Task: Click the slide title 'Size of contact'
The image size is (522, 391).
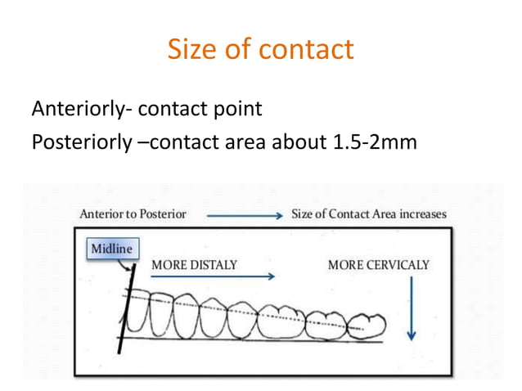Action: pyautogui.click(x=260, y=50)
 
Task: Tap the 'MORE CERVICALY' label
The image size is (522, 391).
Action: pyautogui.click(x=378, y=265)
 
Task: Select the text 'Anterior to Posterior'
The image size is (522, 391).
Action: pyautogui.click(x=133, y=214)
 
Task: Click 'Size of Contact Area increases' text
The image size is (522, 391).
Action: pyautogui.click(x=369, y=214)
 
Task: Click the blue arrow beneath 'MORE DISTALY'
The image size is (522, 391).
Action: pyautogui.click(x=213, y=276)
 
